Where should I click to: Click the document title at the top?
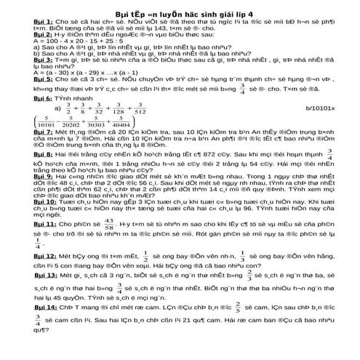pyautogui.click(x=180, y=14)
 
